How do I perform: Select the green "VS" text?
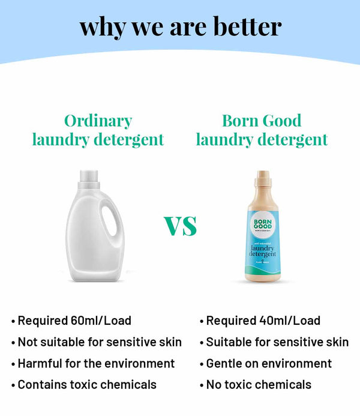[180, 226]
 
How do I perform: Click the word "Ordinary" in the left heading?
[98, 121]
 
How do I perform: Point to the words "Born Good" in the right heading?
[262, 121]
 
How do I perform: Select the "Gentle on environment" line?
[268, 363]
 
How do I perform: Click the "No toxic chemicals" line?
[259, 384]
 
